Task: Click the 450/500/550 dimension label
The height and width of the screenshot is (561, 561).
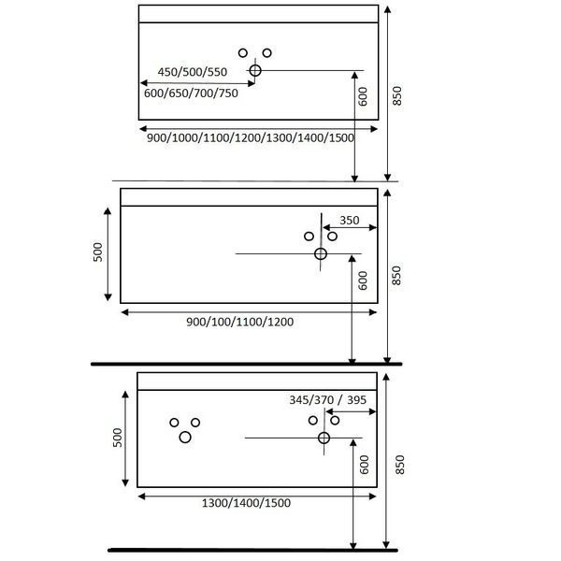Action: [x=193, y=72]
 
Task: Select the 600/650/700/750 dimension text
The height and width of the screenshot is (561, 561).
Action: [x=191, y=93]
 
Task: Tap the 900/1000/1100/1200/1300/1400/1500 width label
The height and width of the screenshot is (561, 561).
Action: [x=251, y=137]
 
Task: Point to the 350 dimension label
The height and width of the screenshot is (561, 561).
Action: [x=350, y=220]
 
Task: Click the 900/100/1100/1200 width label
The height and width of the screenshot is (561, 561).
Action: [x=239, y=322]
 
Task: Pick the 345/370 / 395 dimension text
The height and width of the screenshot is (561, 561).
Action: [x=328, y=399]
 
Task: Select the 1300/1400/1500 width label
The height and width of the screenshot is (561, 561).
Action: [x=246, y=503]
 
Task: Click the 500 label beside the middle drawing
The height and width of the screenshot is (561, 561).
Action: [x=97, y=252]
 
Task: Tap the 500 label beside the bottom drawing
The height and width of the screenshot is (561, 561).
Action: [x=118, y=438]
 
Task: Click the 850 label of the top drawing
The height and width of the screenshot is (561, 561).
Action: [x=397, y=96]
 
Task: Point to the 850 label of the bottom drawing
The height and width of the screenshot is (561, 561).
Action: [x=399, y=465]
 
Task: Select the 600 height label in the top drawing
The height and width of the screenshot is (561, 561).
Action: [x=363, y=96]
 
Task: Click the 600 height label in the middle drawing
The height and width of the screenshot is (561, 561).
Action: [x=363, y=280]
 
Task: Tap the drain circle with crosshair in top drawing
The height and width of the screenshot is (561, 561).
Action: [x=255, y=70]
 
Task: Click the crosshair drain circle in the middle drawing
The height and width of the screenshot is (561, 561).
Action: [x=321, y=254]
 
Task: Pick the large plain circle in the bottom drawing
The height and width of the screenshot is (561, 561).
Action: [x=185, y=438]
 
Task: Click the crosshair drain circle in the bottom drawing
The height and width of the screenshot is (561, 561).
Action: [x=324, y=438]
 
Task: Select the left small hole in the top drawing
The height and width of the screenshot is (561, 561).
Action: [x=243, y=53]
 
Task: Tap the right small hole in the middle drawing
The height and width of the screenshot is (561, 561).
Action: [x=332, y=237]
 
